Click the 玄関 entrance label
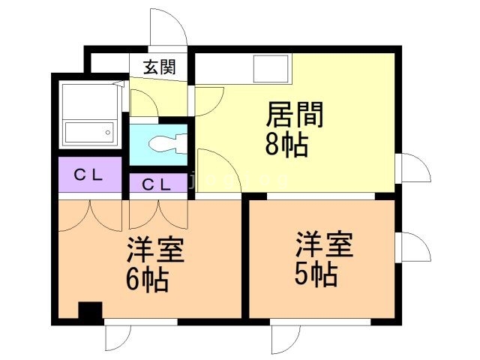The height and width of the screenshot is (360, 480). click(x=160, y=67)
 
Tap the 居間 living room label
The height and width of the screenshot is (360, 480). click(x=295, y=115)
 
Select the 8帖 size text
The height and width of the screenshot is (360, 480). click(x=286, y=145)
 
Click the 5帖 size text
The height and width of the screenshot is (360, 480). click(x=316, y=274)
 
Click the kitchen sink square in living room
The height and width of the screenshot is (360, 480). click(x=271, y=68)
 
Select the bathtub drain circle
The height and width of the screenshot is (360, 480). click(x=108, y=133)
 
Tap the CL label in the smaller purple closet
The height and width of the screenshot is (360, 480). click(x=157, y=184)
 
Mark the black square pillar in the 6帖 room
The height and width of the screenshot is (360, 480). click(x=90, y=310)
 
